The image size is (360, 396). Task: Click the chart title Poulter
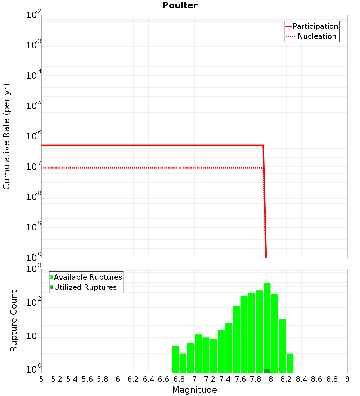point(180,5)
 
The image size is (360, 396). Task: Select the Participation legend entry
point(315,26)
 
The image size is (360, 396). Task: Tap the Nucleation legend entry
point(317,36)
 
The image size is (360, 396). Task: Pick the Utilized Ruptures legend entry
point(85,287)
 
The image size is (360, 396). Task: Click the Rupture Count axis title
point(14,320)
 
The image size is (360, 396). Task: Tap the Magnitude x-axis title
point(194,390)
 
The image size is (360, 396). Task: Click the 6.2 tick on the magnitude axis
point(133,379)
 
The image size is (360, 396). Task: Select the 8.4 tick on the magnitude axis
point(301,379)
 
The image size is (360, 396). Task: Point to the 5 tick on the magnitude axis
point(41,379)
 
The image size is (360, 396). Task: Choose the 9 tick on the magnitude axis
point(347,379)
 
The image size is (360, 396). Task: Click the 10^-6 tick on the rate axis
point(33,136)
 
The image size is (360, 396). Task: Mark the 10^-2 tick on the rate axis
point(33,15)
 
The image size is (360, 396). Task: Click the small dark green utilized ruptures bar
point(267,371)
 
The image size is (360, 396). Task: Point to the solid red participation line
point(151,145)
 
